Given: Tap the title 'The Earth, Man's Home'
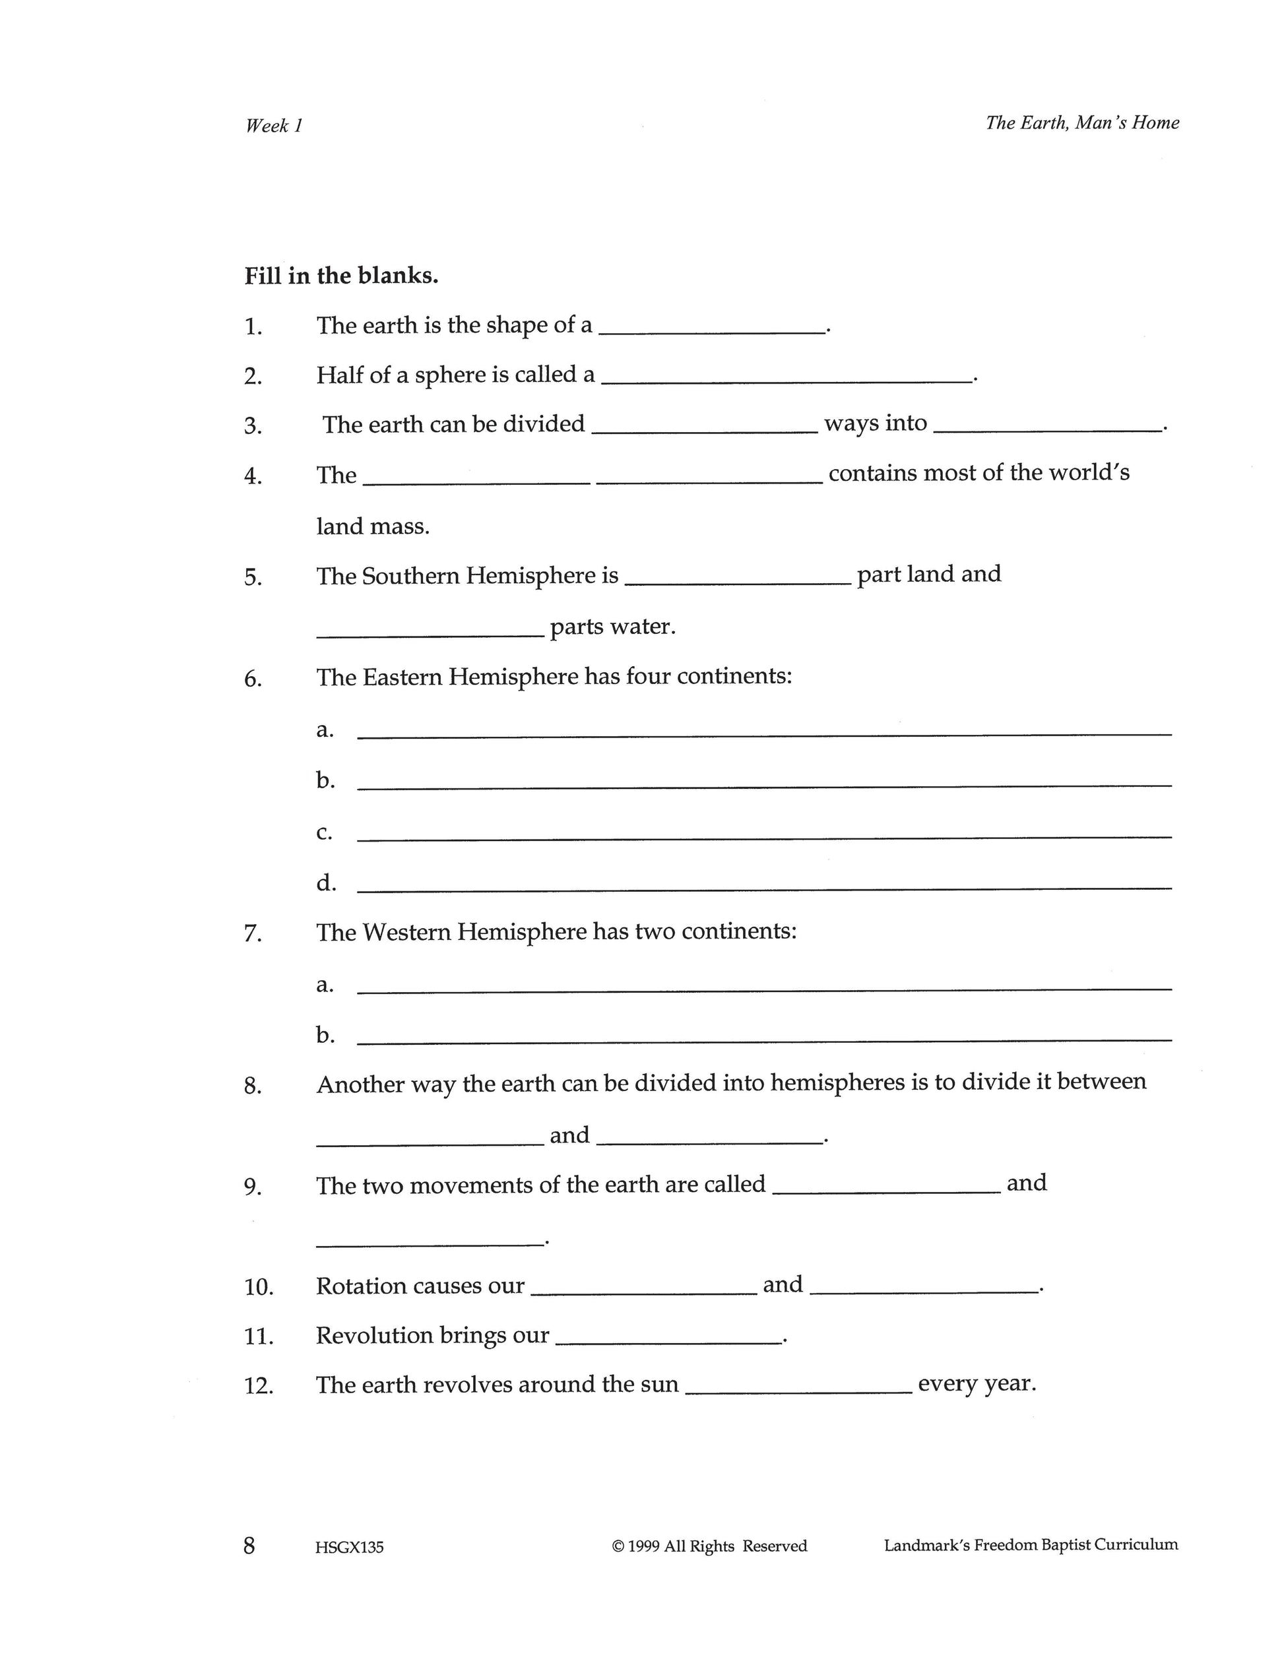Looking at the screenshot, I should point(1081,123).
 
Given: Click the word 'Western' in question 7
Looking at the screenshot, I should point(406,931).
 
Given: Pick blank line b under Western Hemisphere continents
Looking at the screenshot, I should point(763,1040).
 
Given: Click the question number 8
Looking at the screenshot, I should point(253,1086).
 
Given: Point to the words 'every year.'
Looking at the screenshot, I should point(977,1383).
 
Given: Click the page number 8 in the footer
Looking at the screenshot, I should point(249,1546).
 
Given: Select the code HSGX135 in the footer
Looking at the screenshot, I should point(349,1547).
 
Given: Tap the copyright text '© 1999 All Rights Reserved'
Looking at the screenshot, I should point(709,1546).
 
